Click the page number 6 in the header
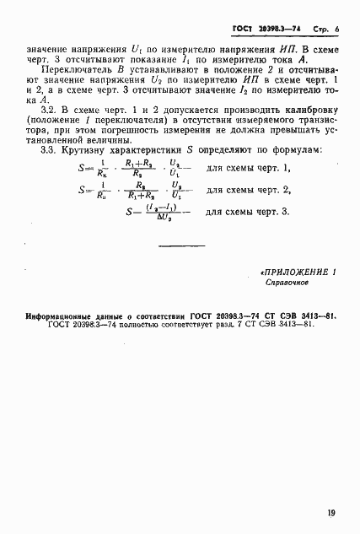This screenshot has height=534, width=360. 336,29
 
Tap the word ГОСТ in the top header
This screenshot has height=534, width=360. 244,29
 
